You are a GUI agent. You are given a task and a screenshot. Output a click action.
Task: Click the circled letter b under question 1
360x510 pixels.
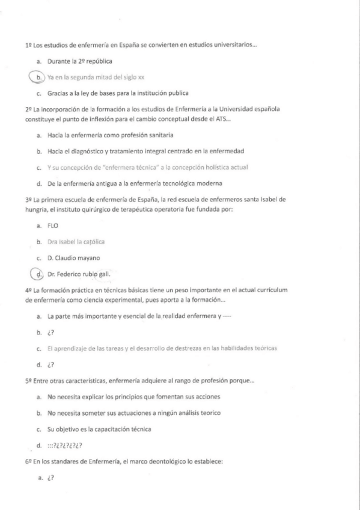coord(38,77)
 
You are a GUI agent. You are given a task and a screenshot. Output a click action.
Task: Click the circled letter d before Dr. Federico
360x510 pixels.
coord(38,274)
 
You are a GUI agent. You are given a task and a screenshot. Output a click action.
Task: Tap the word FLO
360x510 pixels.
coord(52,226)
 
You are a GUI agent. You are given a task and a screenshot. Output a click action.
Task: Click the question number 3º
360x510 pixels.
coord(28,199)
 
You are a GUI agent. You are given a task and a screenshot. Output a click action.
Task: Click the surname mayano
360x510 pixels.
coord(103,258)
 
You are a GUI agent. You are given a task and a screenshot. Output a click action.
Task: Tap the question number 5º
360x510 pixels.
coord(28,381)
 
